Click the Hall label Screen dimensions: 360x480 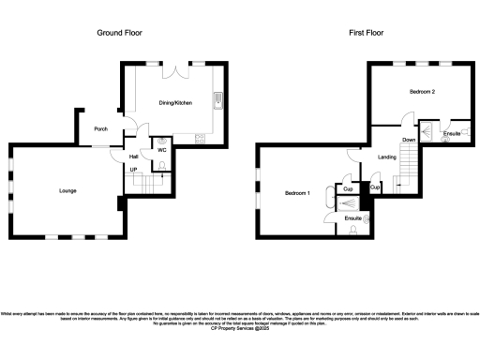coord(133,157)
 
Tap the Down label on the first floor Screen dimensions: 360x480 coord(409,140)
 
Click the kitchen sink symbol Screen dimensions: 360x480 coord(217,99)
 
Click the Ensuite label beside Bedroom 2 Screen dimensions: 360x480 coord(451,134)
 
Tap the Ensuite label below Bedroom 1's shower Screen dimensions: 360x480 coord(352,217)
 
